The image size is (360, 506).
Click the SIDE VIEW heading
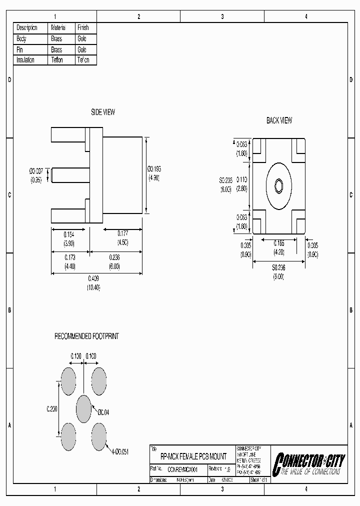[x=102, y=112]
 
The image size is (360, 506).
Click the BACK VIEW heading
[x=279, y=120]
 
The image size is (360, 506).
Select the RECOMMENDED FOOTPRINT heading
[x=86, y=336]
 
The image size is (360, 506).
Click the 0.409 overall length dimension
[x=93, y=278]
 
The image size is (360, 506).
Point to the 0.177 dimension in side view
[x=122, y=233]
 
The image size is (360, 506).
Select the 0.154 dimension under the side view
[x=69, y=233]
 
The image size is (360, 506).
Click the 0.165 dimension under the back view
[x=278, y=242]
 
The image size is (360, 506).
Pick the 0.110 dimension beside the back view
[x=242, y=179]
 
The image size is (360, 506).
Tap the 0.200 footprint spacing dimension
[x=52, y=408]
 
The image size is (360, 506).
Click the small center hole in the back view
[x=278, y=185]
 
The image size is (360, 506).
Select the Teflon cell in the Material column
[x=57, y=60]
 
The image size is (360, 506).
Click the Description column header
[x=27, y=27]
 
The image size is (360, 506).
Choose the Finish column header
[x=83, y=27]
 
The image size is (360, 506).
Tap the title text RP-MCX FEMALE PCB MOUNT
[x=193, y=456]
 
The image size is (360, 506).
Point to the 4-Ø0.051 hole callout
[x=119, y=451]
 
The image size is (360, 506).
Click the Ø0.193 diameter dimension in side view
[x=153, y=169]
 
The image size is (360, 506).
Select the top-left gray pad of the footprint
[x=68, y=380]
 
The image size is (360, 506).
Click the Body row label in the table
[x=21, y=38]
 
